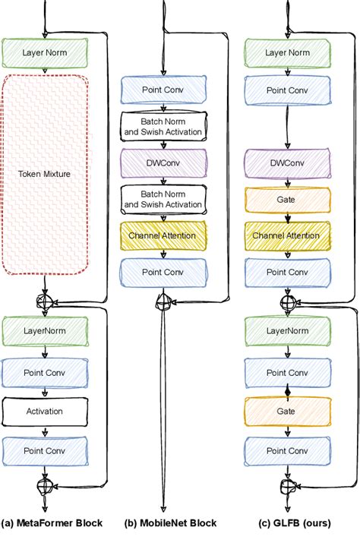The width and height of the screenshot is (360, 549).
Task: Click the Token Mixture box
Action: click(47, 173)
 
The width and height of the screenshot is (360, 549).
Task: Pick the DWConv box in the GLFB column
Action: click(286, 163)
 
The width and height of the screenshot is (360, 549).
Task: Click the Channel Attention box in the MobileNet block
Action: click(163, 235)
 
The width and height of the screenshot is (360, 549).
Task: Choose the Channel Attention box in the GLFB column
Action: click(286, 235)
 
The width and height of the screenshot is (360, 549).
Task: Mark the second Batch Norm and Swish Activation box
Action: click(163, 199)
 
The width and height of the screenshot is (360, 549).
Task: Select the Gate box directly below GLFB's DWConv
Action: click(286, 199)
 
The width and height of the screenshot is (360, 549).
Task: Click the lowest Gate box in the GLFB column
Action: click(286, 411)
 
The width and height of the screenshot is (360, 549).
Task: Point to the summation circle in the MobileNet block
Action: click(163, 302)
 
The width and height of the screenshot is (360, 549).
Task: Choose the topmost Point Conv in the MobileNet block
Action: click(163, 90)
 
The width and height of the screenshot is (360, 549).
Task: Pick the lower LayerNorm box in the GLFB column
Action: click(286, 331)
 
